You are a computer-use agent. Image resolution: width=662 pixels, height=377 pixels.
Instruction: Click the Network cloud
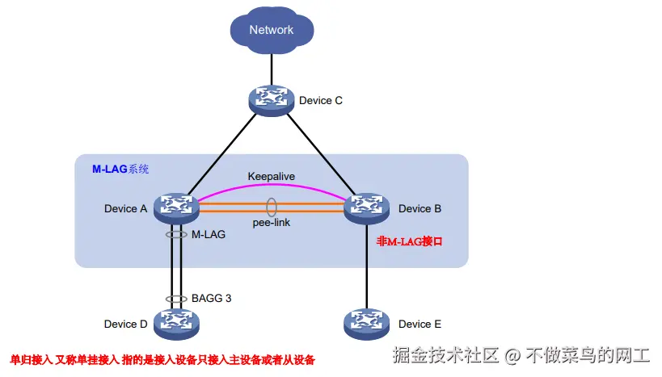point(271,31)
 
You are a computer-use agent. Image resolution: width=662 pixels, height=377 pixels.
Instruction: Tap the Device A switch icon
point(175,207)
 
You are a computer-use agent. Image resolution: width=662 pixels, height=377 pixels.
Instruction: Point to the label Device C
point(321,101)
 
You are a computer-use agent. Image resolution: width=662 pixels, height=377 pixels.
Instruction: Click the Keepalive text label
point(272,175)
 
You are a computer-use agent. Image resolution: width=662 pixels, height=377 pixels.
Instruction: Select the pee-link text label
point(271,222)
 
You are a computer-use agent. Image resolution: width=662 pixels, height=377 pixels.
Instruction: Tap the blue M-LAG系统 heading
point(120,170)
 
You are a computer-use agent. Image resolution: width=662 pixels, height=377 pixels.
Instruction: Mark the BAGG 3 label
point(212,298)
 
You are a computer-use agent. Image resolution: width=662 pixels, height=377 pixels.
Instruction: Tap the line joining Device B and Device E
point(368,266)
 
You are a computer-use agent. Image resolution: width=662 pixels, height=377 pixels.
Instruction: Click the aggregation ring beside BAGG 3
point(175,299)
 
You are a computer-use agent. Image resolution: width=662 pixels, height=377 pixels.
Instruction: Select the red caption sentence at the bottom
point(162,359)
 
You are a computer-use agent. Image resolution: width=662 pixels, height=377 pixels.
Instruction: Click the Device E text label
point(420,324)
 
